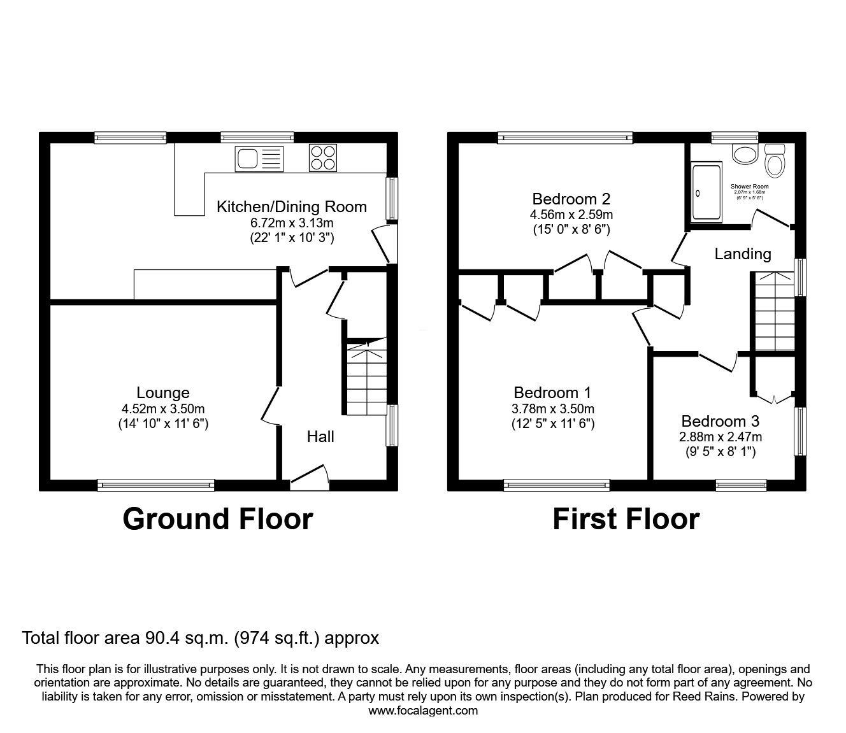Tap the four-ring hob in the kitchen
click(x=323, y=158)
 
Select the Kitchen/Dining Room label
click(x=292, y=206)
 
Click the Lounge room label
click(x=163, y=393)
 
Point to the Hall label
click(x=320, y=436)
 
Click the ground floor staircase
click(x=366, y=379)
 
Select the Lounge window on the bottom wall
click(x=156, y=485)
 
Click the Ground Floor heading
click(x=217, y=519)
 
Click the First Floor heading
click(x=626, y=519)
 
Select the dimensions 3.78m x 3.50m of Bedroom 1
click(x=553, y=409)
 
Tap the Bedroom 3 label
click(x=720, y=421)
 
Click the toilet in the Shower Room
click(x=775, y=162)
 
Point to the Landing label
click(x=742, y=254)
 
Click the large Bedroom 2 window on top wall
click(x=565, y=137)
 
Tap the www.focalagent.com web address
click(x=423, y=711)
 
